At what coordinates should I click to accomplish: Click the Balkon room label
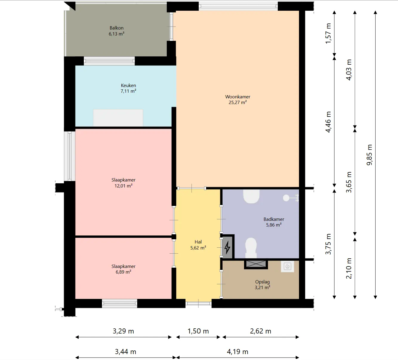(116, 28)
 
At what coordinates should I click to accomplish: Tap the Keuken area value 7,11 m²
(128, 91)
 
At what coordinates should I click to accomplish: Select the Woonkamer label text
(238, 97)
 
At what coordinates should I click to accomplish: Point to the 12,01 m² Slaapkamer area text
(124, 186)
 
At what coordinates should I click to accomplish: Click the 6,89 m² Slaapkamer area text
(124, 272)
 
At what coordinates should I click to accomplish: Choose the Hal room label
(198, 242)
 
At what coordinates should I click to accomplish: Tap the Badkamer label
(274, 219)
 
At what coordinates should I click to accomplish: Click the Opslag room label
(263, 282)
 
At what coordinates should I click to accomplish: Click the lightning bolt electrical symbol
(227, 247)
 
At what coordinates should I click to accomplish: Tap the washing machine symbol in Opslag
(288, 266)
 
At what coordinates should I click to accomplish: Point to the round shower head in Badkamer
(286, 198)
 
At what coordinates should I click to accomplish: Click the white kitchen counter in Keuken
(118, 117)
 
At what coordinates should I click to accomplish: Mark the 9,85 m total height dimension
(369, 155)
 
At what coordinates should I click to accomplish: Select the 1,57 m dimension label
(328, 33)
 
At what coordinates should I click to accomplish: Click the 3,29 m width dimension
(124, 331)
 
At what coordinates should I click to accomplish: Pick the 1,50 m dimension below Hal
(198, 331)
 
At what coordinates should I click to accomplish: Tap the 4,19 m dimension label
(237, 352)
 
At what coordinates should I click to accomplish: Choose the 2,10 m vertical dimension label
(349, 269)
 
